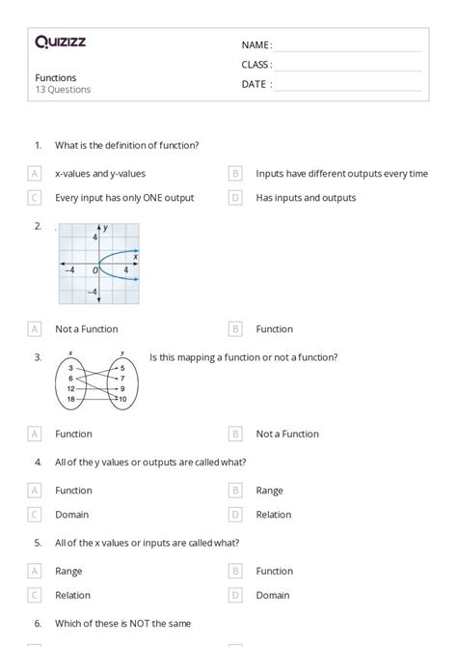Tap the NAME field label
[256, 45]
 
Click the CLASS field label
[256, 65]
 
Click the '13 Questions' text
[63, 90]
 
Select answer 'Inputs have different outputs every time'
[341, 174]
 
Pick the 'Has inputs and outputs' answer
[306, 198]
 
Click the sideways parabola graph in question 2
[99, 265]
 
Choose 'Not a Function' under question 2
[87, 328]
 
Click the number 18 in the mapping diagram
[70, 398]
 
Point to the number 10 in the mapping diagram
[121, 398]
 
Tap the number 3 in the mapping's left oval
[70, 369]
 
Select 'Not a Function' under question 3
[287, 434]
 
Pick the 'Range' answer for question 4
[269, 491]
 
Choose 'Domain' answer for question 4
[72, 515]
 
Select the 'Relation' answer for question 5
[73, 595]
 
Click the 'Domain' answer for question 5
[273, 595]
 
